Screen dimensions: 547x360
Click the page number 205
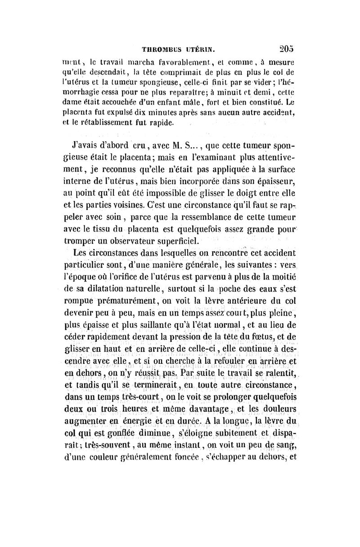click(286, 49)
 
